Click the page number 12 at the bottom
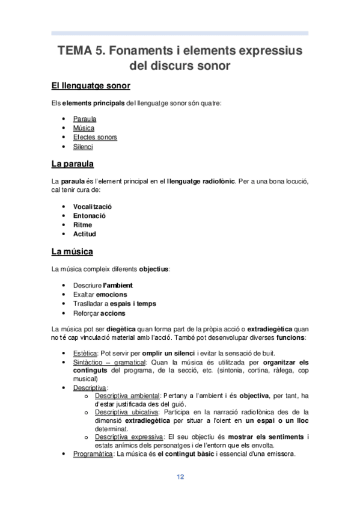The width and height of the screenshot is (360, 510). click(180, 477)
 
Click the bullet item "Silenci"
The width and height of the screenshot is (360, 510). click(83, 147)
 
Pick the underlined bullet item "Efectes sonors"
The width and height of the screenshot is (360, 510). click(95, 137)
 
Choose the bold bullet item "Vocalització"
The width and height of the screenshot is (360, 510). click(93, 206)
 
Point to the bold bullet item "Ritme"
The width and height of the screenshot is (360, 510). click(82, 224)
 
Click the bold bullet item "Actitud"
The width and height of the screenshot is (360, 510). click(85, 233)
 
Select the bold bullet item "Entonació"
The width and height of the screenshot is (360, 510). click(89, 215)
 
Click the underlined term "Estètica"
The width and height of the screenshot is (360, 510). click(85, 352)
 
